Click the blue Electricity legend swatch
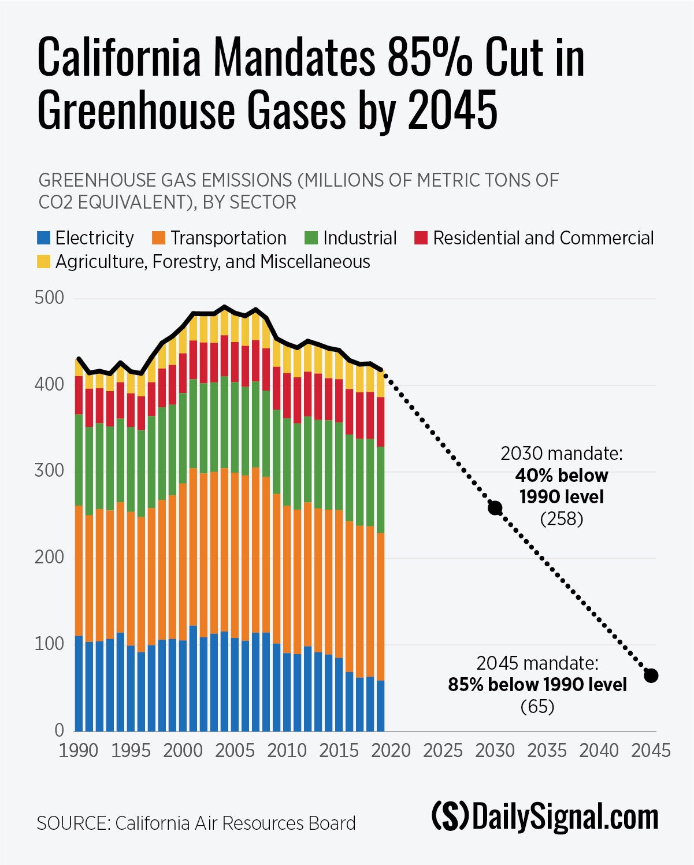pos(44,238)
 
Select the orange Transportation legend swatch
pos(159,238)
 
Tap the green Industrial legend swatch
pos(311,238)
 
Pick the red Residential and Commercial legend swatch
pos(421,238)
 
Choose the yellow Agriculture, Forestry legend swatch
pos(44,262)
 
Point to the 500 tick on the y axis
pos(49,298)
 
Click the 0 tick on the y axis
pos(59,730)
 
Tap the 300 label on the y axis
pos(49,471)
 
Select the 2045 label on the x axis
pos(651,751)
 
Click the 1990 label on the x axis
pos(79,751)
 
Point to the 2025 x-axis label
pos(443,751)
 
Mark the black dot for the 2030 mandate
pos(495,508)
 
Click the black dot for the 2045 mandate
pos(651,675)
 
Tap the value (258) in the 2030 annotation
pos(562,519)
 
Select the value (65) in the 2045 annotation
pos(537,707)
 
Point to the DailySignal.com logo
pos(545,817)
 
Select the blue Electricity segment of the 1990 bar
pos(79,683)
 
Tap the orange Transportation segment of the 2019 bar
pos(380,607)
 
